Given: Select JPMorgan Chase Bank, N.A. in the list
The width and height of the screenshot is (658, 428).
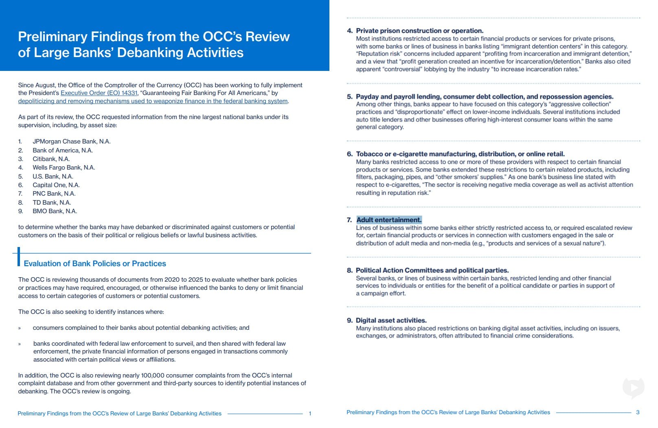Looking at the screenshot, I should tap(72, 141).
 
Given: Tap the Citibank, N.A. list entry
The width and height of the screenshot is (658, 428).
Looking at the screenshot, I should tap(51, 159).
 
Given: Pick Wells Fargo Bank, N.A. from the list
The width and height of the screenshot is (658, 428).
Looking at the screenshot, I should tap(64, 168).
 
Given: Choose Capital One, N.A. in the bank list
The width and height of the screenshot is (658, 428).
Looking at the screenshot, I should tap(56, 185).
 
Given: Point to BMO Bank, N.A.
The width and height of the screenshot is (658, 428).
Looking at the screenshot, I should tap(55, 211).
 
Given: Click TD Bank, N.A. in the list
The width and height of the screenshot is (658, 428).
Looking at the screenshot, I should tap(52, 203).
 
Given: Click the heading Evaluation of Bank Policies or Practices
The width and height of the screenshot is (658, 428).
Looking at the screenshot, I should tap(95, 264).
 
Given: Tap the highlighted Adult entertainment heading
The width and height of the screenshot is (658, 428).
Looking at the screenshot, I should tap(389, 220).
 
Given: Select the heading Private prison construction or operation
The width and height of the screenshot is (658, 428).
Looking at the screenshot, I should tap(419, 31).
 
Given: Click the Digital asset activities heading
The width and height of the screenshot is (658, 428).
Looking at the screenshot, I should tap(391, 320).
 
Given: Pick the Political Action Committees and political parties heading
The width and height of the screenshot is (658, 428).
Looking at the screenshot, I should tap(432, 271).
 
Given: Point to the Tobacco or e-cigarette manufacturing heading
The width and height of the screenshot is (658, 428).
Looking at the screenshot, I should tap(460, 154).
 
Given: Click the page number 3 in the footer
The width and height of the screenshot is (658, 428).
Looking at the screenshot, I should tap(638, 413).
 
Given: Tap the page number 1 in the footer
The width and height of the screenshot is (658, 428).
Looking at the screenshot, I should tap(310, 414).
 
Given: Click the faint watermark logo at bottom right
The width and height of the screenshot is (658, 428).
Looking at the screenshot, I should tap(633, 387).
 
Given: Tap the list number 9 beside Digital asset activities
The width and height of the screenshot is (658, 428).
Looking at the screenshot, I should tap(349, 320).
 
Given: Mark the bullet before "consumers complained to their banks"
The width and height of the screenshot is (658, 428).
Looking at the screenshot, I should tap(20, 328).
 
